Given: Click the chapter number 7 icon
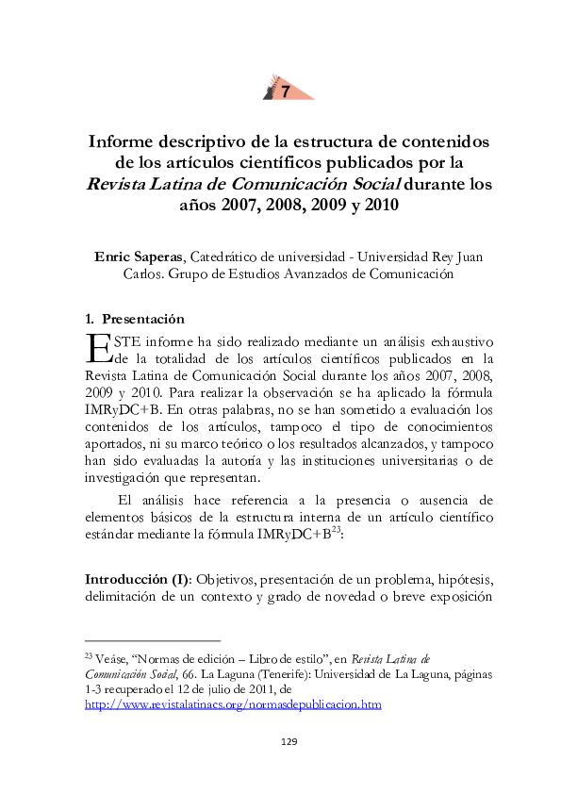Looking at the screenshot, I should click(285, 91).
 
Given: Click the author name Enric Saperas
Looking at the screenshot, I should click(140, 256).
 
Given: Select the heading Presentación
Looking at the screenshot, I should click(143, 318).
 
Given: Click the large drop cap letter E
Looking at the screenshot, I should click(97, 347).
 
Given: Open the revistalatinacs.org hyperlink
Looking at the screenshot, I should click(233, 704).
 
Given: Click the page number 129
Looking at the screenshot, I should click(289, 742).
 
